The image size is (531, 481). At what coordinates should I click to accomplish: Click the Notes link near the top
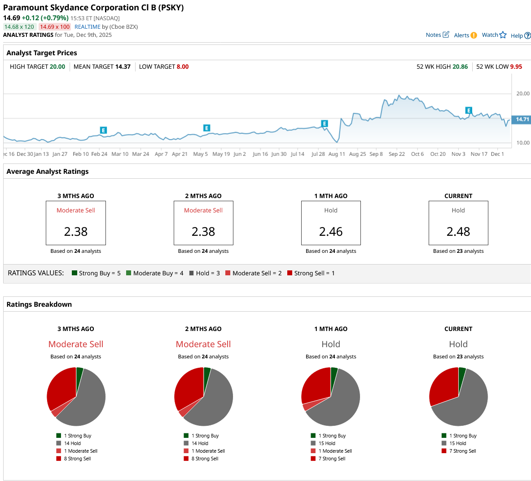click(x=434, y=35)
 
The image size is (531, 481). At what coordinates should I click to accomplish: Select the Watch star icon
click(x=503, y=35)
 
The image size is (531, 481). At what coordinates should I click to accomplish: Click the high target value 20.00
click(x=57, y=66)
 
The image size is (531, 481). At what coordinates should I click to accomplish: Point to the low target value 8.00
click(x=183, y=66)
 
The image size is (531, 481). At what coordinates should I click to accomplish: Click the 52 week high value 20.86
click(x=460, y=66)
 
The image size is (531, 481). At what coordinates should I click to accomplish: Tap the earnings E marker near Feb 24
click(x=103, y=130)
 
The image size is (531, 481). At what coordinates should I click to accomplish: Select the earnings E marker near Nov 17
click(x=469, y=110)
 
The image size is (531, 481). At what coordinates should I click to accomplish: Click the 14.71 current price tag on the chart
click(x=522, y=119)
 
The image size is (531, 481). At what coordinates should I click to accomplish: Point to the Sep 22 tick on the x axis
click(x=397, y=154)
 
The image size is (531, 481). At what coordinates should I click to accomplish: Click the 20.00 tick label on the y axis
click(x=523, y=94)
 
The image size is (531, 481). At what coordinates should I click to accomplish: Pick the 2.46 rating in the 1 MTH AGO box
click(x=331, y=232)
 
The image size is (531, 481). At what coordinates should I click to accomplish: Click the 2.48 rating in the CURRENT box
click(x=458, y=232)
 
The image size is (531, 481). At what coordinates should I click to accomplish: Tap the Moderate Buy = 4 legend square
click(x=129, y=273)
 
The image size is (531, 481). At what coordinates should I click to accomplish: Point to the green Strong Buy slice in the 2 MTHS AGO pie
click(x=206, y=374)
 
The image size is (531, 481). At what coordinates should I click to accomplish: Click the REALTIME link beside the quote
click(x=88, y=27)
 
